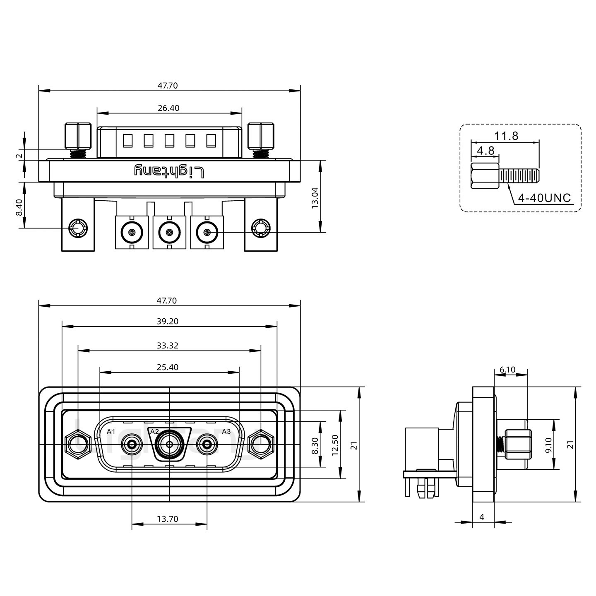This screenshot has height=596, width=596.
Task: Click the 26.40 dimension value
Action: [x=168, y=108]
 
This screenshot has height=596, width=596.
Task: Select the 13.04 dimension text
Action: [x=315, y=197]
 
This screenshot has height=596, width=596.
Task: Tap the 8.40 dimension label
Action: [x=19, y=207]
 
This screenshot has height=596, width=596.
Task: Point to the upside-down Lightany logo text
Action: [x=169, y=171]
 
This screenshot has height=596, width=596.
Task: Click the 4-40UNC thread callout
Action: [x=544, y=198]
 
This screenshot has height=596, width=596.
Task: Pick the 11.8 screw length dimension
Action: [x=506, y=136]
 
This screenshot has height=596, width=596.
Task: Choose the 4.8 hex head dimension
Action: [x=485, y=150]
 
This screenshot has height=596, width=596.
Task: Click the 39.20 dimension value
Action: [x=168, y=321]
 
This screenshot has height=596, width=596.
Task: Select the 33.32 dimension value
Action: [x=168, y=345]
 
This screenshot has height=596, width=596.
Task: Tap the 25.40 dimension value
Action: [x=168, y=367]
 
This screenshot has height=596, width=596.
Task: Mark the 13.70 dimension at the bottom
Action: [x=168, y=519]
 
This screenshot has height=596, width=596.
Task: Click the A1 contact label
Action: [x=111, y=432]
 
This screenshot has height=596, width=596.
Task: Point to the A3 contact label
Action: [x=226, y=432]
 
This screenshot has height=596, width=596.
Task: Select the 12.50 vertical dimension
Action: [x=335, y=445]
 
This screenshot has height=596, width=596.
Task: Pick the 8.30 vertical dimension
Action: [x=315, y=445]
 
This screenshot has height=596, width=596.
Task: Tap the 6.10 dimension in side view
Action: [x=507, y=370]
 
